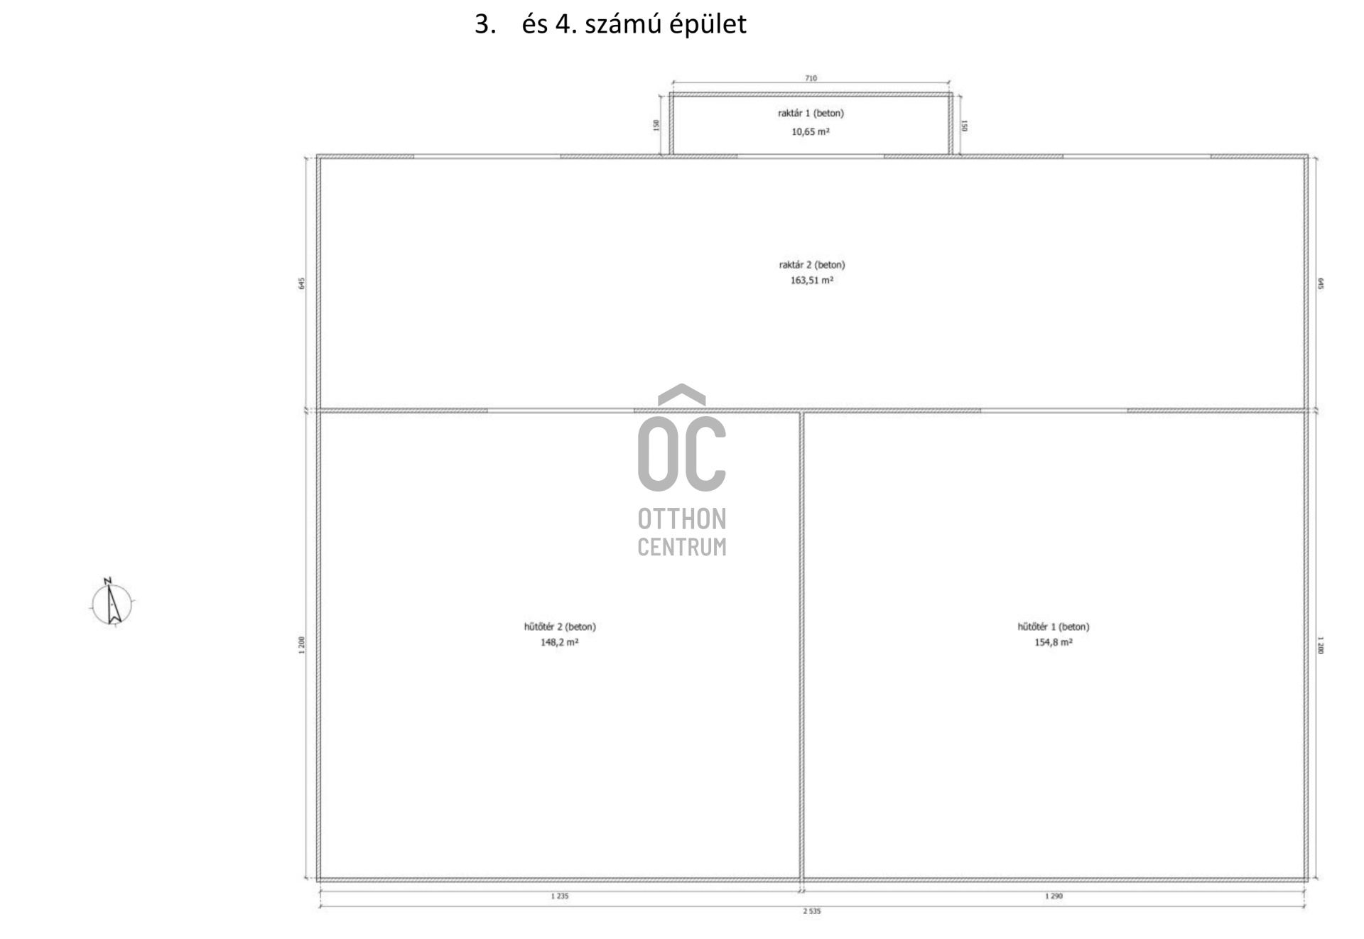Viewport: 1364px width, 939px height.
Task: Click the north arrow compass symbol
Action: [x=112, y=604]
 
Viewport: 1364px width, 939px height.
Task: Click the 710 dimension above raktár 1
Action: [x=811, y=78]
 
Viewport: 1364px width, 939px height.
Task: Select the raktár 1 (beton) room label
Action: [x=811, y=113]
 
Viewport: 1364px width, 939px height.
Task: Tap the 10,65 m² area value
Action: [x=811, y=131]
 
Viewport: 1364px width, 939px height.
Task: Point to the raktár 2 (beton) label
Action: [x=812, y=265]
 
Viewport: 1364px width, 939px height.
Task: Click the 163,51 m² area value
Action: [x=812, y=281]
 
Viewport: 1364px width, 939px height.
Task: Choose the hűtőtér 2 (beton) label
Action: [x=560, y=626]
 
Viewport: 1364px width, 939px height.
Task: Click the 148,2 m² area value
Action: [x=560, y=642]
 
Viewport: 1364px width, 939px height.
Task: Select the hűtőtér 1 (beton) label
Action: [x=1054, y=626]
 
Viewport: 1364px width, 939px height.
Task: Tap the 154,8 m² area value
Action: [x=1054, y=642]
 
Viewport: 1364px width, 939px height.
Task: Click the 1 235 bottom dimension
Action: [x=560, y=896]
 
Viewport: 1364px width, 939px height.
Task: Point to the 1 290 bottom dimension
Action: [x=1054, y=896]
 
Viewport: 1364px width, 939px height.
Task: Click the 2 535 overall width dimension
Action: [x=812, y=911]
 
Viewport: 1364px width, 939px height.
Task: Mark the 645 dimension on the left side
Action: [x=302, y=283]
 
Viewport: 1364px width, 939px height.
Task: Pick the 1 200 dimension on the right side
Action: [x=1321, y=646]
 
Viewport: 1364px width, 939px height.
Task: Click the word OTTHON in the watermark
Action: [x=682, y=519]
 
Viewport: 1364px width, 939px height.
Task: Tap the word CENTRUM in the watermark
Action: [x=682, y=548]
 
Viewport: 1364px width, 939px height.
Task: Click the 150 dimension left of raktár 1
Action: [x=656, y=125]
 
